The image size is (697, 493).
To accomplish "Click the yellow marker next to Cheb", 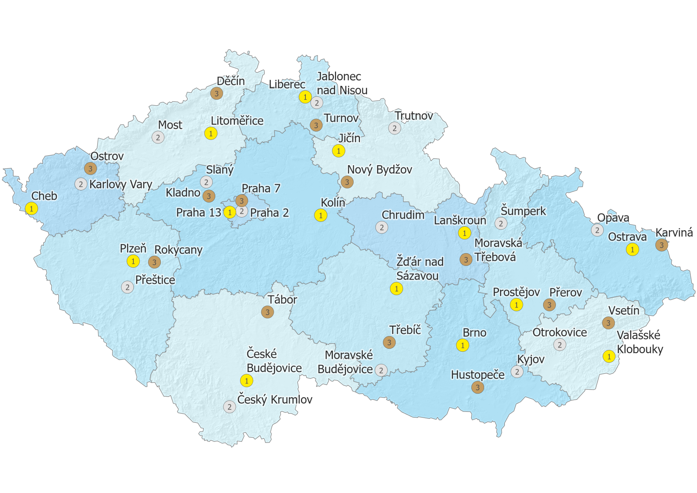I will (x=31, y=209).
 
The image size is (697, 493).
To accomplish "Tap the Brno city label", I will (x=474, y=333).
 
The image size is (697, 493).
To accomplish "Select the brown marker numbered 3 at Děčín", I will (x=217, y=93).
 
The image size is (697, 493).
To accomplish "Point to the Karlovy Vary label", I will (x=121, y=184).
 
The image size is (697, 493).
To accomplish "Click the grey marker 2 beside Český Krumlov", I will (x=230, y=407).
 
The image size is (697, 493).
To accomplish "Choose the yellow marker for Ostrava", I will (x=632, y=250).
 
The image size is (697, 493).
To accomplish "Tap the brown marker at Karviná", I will (x=661, y=245).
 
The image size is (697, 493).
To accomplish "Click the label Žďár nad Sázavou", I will (x=419, y=269).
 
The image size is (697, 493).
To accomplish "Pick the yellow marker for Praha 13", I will (x=230, y=212).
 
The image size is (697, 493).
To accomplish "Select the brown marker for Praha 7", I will (x=241, y=201).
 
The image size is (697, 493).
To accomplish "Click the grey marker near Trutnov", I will (x=395, y=129).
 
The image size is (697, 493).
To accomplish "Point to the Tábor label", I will (x=282, y=300).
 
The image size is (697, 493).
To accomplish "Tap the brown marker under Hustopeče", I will (x=477, y=388).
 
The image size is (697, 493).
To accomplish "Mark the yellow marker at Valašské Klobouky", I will (x=609, y=357).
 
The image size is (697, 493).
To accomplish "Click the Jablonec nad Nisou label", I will (x=342, y=83).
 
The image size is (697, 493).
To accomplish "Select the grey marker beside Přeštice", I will (x=127, y=287).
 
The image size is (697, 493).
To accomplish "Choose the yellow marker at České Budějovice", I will (x=247, y=381).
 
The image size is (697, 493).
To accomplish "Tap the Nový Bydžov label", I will (x=379, y=170).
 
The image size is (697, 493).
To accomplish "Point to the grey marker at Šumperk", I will (x=501, y=224).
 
